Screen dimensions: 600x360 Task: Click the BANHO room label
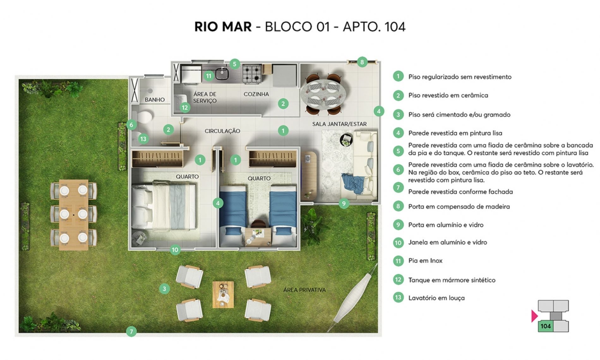(x=155, y=100)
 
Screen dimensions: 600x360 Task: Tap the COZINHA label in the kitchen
(x=256, y=94)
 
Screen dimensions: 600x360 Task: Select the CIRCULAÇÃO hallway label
(x=222, y=131)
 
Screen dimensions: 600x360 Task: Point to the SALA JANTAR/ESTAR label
(x=339, y=124)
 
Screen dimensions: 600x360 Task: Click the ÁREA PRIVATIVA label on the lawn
(x=304, y=290)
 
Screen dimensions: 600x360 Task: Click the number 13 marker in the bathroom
(x=143, y=139)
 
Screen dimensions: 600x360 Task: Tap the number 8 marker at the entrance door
(x=362, y=62)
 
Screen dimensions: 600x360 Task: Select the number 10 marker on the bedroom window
(x=175, y=250)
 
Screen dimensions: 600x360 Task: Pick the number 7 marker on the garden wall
(x=131, y=331)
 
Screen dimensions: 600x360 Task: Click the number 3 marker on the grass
(x=164, y=288)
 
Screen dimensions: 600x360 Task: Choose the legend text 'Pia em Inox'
(x=425, y=261)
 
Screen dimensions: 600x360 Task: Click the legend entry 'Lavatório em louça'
(x=436, y=298)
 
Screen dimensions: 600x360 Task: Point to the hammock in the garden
(x=352, y=298)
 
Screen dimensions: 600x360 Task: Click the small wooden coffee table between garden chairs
(x=223, y=295)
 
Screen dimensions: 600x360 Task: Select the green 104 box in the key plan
(x=545, y=326)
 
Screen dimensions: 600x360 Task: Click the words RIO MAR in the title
(x=223, y=27)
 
